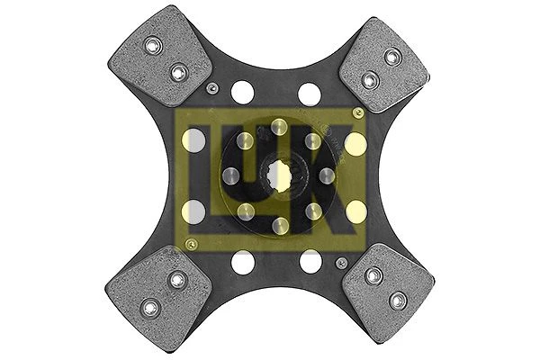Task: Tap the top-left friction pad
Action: click(x=160, y=56)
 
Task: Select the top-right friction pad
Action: click(x=384, y=66)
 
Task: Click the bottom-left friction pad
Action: click(x=158, y=297)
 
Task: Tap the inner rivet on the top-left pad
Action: click(x=179, y=72)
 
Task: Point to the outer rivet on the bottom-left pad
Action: click(x=151, y=307)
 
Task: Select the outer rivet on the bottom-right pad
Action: click(x=398, y=301)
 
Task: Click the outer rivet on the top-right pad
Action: click(x=393, y=57)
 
